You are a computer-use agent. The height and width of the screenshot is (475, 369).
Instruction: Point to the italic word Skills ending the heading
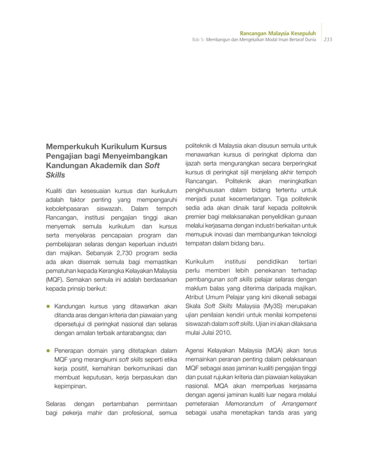(56, 175)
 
